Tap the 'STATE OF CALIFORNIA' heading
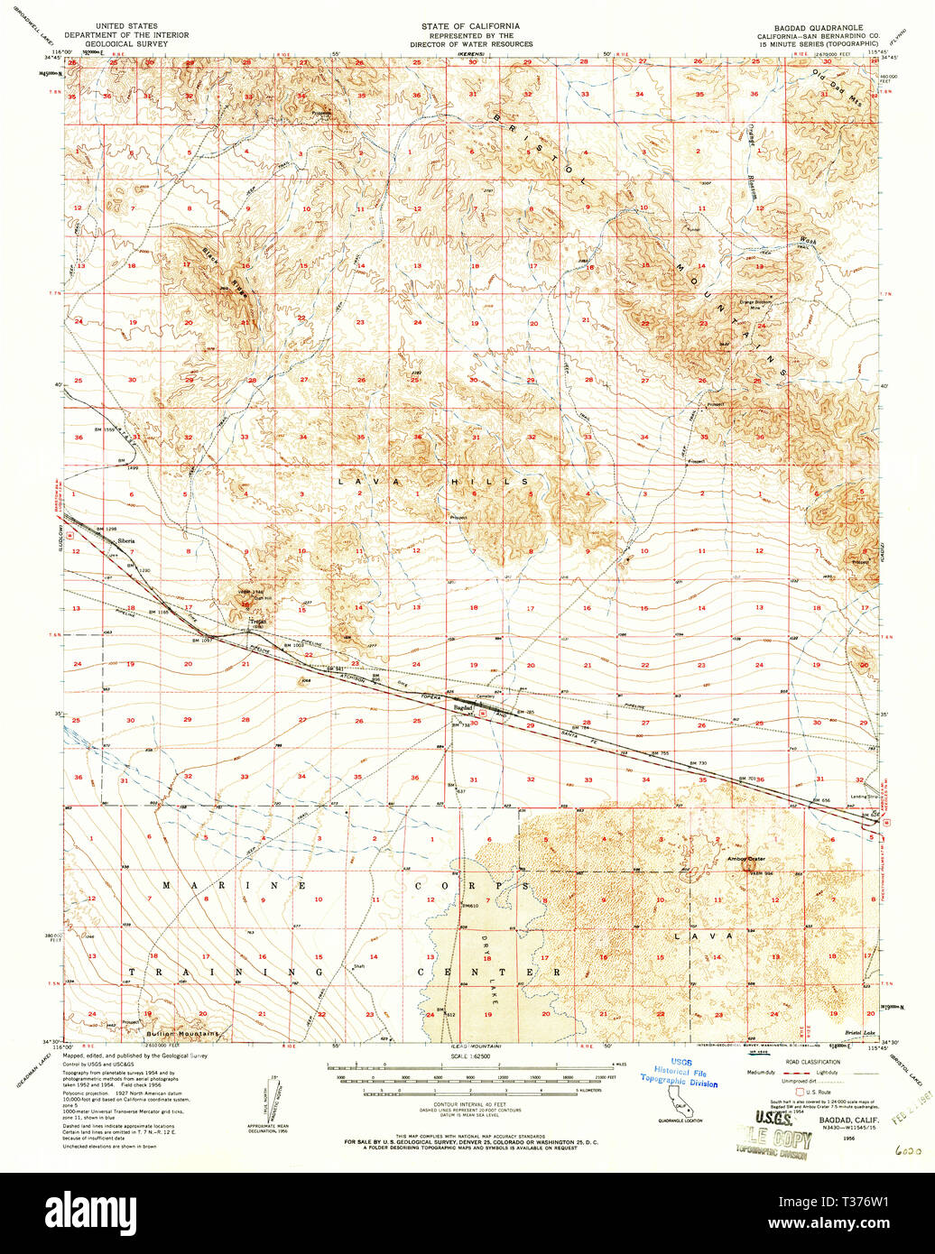[x=471, y=27]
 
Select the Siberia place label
[x=124, y=540]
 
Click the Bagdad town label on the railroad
[x=463, y=709]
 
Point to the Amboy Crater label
[x=745, y=859]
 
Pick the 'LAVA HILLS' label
[x=433, y=483]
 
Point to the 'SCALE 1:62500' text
[x=472, y=1056]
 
